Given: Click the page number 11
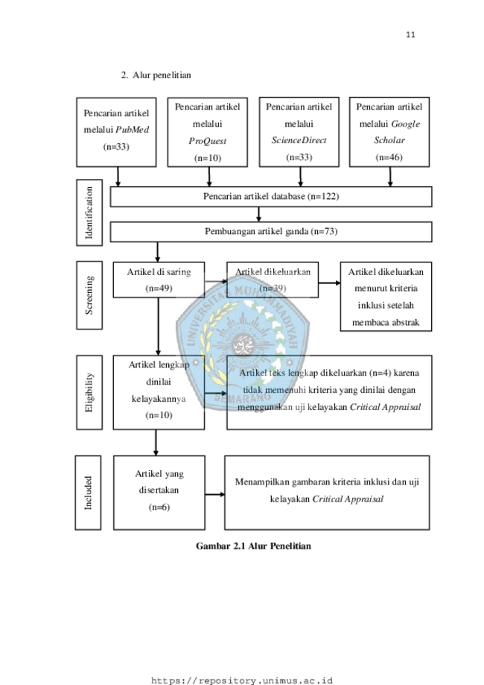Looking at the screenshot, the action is coord(410,35).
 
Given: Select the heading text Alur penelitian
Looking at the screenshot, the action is coord(162,75).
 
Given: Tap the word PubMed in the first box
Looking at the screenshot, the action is coord(133,130).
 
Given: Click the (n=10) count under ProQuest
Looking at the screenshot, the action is coord(208,158).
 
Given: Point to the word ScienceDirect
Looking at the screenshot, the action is coord(299,140).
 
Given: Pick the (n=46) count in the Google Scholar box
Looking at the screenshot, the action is coord(389,157).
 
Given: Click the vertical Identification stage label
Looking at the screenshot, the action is coord(89,212).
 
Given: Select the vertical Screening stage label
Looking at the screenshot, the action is coord(89,295).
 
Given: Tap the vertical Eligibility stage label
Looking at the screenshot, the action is coord(89,392).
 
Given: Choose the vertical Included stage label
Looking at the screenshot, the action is coord(88,493).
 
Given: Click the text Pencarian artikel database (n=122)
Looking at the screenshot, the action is coord(271,196).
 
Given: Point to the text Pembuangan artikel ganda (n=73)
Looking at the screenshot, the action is coord(271,231).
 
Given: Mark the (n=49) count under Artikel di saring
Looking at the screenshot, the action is coord(159,288).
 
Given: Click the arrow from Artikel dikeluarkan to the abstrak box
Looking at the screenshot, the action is coord(330,283).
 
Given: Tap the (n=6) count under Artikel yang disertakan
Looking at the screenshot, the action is coord(159,507).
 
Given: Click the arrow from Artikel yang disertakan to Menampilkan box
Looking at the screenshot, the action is coord(214,494).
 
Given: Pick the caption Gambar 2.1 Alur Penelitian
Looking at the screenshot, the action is coord(253,546).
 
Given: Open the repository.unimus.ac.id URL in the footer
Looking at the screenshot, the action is coord(242,681).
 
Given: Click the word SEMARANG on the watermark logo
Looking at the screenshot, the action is coord(243,397).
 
